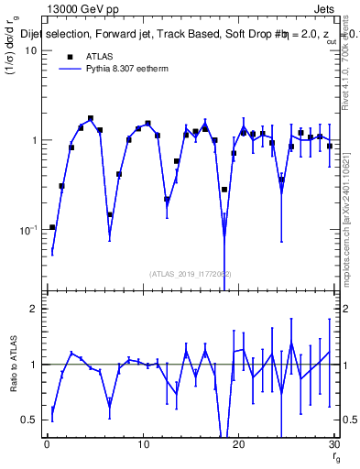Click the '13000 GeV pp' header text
[x=77, y=7]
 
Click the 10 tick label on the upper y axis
[x=29, y=50]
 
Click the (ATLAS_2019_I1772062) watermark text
[x=190, y=274]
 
